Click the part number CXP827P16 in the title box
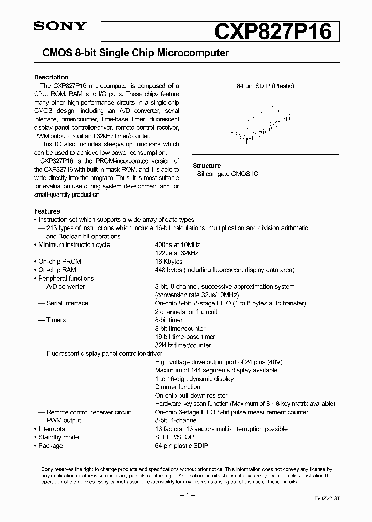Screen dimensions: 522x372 pos(272,31)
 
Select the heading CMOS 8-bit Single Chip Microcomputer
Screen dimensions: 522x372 pos(132,53)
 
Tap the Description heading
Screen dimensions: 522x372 pos(51,77)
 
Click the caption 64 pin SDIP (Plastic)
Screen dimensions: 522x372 pos(265,86)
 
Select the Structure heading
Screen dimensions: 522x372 pos(207,166)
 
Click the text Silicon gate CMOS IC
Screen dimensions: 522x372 pos(227,174)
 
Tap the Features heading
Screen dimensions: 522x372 pos(47,211)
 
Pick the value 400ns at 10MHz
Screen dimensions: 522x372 pos(177,245)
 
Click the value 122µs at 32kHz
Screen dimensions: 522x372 pos(177,253)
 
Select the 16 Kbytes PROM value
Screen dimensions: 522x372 pos(168,262)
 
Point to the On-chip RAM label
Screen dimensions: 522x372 pos(57,270)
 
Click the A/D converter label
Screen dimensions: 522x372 pos(65,287)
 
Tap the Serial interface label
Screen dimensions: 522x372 pos(67,303)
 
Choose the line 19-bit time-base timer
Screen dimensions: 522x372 pos(185,337)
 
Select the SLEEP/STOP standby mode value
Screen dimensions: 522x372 pos(175,437)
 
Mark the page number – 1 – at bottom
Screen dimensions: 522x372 pos(186,495)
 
